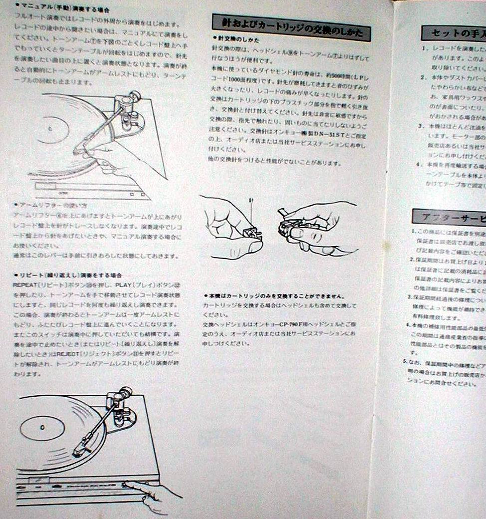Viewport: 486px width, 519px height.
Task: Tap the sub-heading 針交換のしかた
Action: coord(234,39)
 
